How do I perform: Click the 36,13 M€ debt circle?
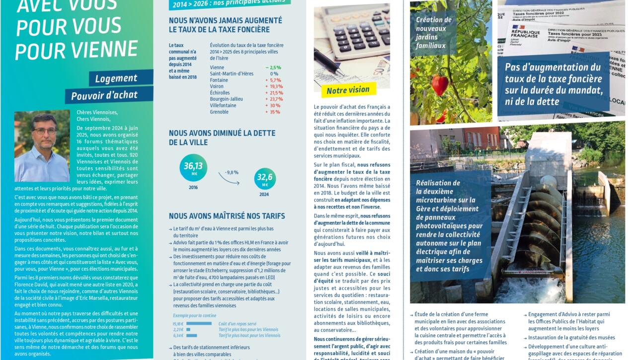(x=193, y=168)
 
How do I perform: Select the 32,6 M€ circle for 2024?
(x=265, y=179)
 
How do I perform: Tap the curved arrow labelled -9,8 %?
(x=229, y=179)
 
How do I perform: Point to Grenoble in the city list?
(x=219, y=112)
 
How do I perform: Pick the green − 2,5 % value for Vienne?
(x=273, y=68)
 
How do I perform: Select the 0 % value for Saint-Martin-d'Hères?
(x=274, y=74)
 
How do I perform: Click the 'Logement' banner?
(x=116, y=78)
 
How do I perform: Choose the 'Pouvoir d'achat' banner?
(x=104, y=95)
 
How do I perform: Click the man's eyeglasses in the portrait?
(x=44, y=131)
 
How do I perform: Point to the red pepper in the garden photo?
(x=440, y=84)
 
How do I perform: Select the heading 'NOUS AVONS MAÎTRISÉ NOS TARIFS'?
(x=227, y=216)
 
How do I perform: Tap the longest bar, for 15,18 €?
(x=199, y=324)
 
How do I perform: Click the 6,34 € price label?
(x=178, y=336)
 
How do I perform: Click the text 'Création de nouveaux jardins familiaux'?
(x=434, y=33)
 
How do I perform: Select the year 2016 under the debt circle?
(x=193, y=188)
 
